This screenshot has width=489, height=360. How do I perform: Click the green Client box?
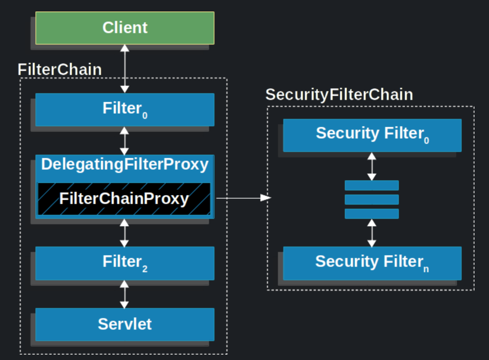[x=125, y=28]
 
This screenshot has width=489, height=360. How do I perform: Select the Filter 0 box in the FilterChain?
[x=125, y=109]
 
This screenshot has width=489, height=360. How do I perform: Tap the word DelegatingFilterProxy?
[x=125, y=164]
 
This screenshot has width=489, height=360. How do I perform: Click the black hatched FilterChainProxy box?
[x=124, y=199]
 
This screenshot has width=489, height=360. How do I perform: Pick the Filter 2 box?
[x=125, y=263]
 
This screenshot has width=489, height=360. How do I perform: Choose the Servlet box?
[x=125, y=324]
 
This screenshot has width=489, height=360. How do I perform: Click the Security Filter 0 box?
[x=372, y=135]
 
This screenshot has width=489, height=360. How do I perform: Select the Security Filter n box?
[x=372, y=263]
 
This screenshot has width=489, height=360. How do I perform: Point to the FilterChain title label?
[x=60, y=70]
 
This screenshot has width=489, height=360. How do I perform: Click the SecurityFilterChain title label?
[x=339, y=95]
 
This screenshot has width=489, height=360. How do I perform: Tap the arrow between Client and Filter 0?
[x=125, y=69]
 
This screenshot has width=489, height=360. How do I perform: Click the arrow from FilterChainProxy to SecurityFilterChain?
[x=243, y=198]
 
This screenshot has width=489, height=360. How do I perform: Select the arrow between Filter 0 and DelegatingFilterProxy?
[x=124, y=140]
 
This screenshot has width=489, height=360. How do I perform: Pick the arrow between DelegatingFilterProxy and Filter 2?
[x=124, y=233]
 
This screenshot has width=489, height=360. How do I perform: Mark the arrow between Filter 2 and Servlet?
[x=124, y=294]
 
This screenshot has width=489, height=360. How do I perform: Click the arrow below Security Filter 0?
[x=372, y=166]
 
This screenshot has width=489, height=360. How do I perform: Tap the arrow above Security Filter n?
[x=372, y=233]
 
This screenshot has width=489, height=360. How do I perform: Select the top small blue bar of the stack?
[x=371, y=185]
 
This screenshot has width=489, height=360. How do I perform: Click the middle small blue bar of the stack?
[x=371, y=200]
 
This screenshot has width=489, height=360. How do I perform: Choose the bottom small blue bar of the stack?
[x=371, y=214]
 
